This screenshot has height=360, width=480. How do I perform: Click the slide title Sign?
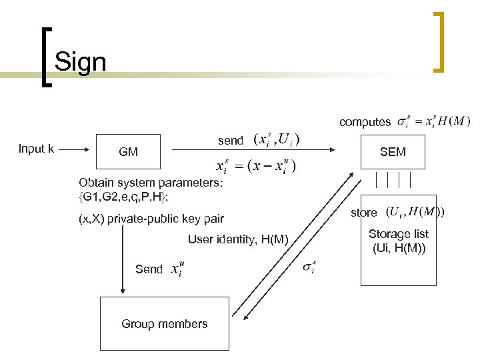80,62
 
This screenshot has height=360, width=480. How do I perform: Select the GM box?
128,152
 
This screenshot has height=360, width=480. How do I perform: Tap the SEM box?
393,152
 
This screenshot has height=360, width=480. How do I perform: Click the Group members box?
164,324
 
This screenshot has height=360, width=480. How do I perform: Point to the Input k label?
36,149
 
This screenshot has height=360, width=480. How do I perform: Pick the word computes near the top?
365,122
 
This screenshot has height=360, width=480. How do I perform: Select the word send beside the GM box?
231,141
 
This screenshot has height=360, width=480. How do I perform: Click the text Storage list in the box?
399,234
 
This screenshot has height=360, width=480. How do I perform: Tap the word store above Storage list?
363,213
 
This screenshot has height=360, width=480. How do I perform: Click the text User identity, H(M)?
238,239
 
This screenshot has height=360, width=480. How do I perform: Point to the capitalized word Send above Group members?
149,269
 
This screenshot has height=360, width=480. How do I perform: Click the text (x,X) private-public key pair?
151,218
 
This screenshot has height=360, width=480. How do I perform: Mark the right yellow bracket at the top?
439,41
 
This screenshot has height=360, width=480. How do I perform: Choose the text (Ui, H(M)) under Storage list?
399,249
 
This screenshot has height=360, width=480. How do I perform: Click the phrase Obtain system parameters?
150,182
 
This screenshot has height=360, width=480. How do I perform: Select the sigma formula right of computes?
433,121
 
